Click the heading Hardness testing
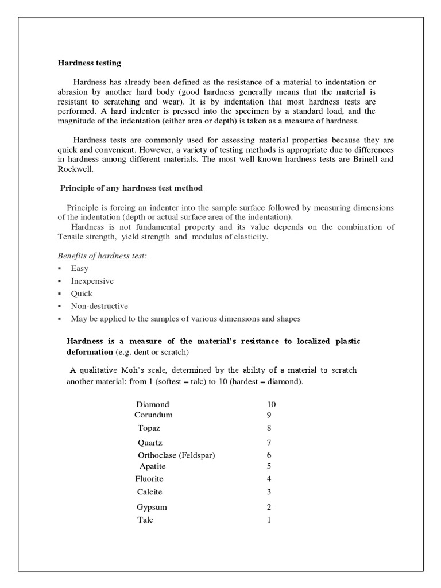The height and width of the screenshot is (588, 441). click(89, 63)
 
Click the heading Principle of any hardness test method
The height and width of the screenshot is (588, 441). click(131, 188)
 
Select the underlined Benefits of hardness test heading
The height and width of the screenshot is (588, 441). click(102, 256)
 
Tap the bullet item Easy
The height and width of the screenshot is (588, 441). click(79, 268)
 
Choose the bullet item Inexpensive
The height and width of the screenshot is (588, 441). click(92, 281)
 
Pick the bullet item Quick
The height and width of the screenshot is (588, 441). click(82, 293)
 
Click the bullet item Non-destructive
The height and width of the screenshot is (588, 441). click(99, 306)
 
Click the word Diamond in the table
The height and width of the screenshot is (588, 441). click(153, 405)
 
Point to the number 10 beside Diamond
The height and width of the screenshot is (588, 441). click(268, 405)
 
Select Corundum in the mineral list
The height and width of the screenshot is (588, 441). click(153, 415)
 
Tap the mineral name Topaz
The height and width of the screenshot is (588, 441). click(149, 428)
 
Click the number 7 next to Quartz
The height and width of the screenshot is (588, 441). click(269, 443)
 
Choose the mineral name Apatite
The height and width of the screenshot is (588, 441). click(153, 466)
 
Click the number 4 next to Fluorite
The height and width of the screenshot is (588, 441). click(269, 479)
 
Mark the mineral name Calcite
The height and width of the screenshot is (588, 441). click(150, 492)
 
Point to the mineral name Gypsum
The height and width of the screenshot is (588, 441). click(152, 507)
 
